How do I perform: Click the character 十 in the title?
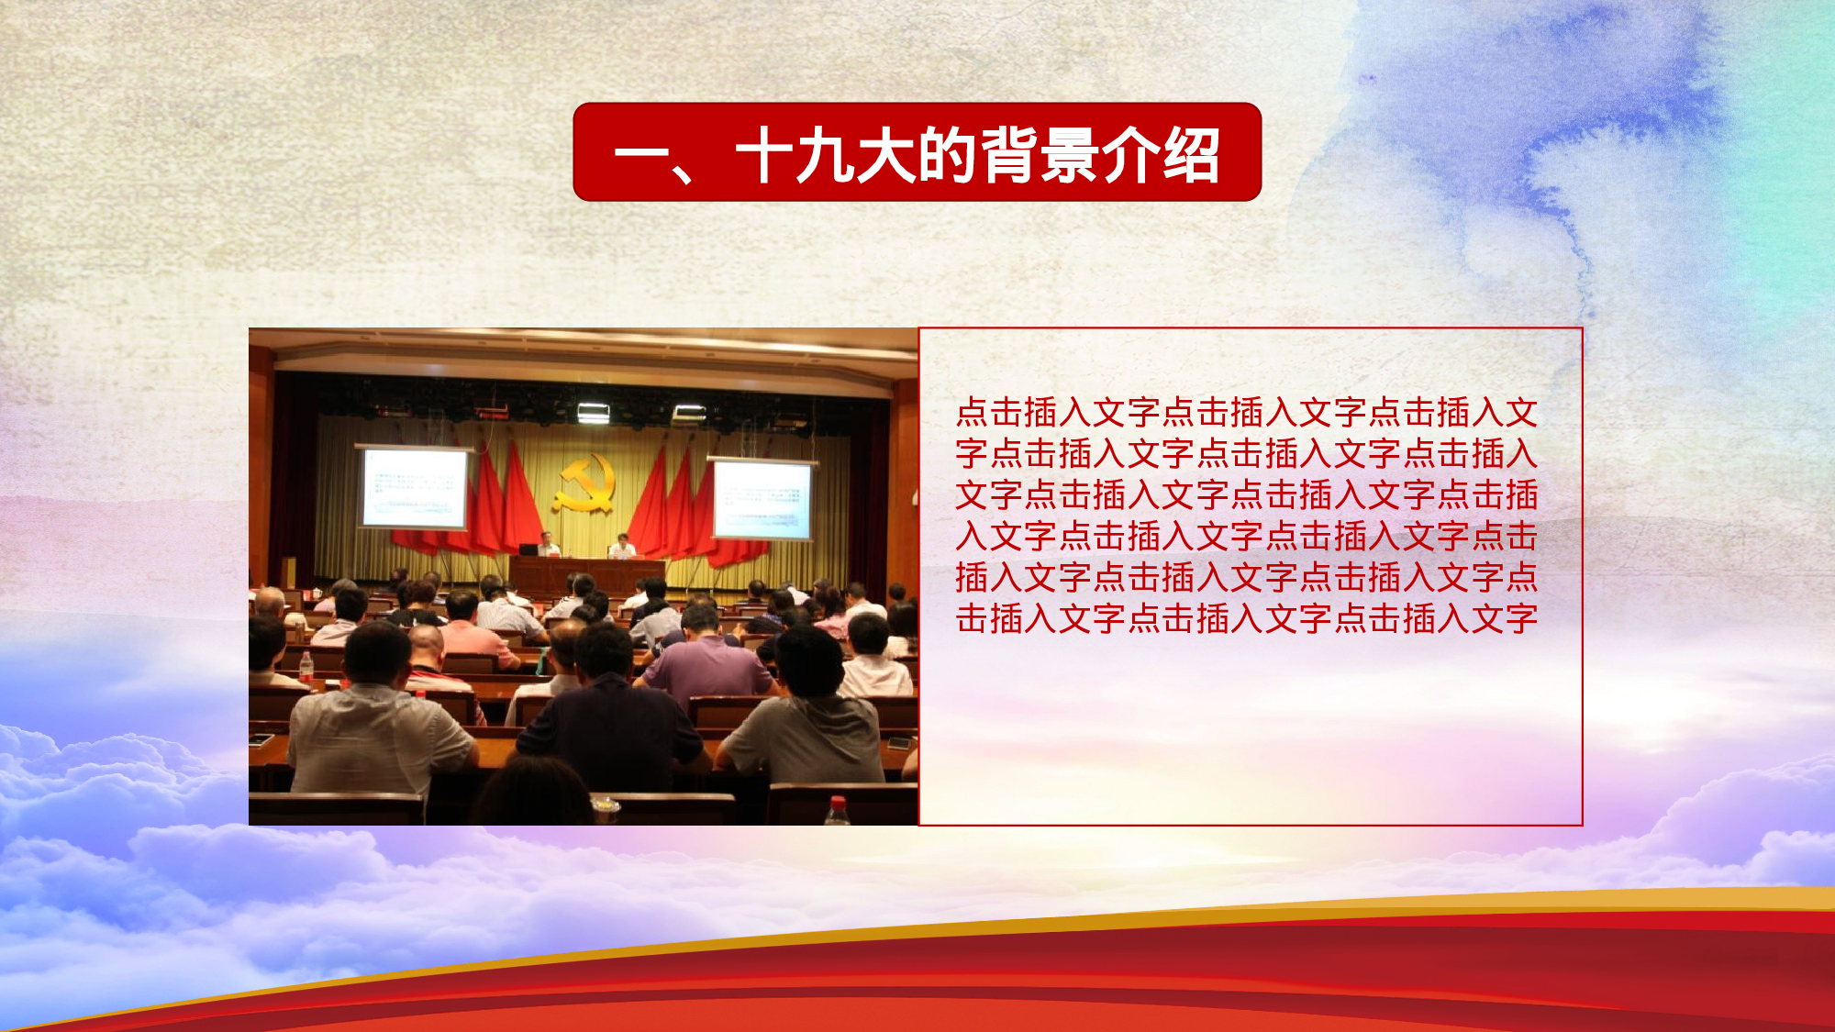tap(763, 155)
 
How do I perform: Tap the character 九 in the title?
tap(826, 155)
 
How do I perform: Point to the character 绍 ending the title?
tap(1191, 155)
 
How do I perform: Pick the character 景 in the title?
tap(1069, 155)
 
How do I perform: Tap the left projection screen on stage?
tap(415, 488)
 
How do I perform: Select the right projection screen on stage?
tap(762, 499)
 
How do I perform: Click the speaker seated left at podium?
tap(548, 545)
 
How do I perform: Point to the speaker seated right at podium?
tap(623, 547)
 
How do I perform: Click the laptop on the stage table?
tap(528, 550)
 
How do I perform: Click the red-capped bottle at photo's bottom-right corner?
tap(837, 812)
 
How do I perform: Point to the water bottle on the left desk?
tap(306, 667)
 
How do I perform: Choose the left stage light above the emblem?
tap(593, 414)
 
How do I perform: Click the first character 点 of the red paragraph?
tap(972, 413)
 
